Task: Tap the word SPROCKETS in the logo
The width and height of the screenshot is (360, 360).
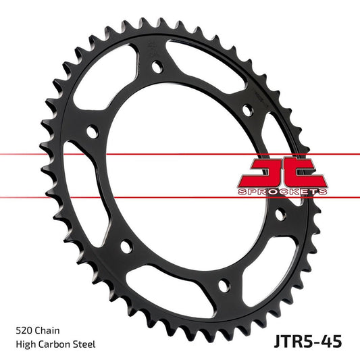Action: coord(282,192)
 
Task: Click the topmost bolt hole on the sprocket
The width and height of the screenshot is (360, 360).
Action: coord(157,68)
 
